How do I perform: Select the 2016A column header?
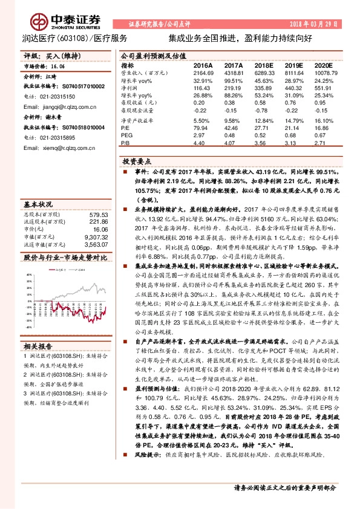click(203, 65)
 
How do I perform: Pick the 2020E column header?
click(324, 65)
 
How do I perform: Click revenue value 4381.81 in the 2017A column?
click(233, 73)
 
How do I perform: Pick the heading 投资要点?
click(137, 163)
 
